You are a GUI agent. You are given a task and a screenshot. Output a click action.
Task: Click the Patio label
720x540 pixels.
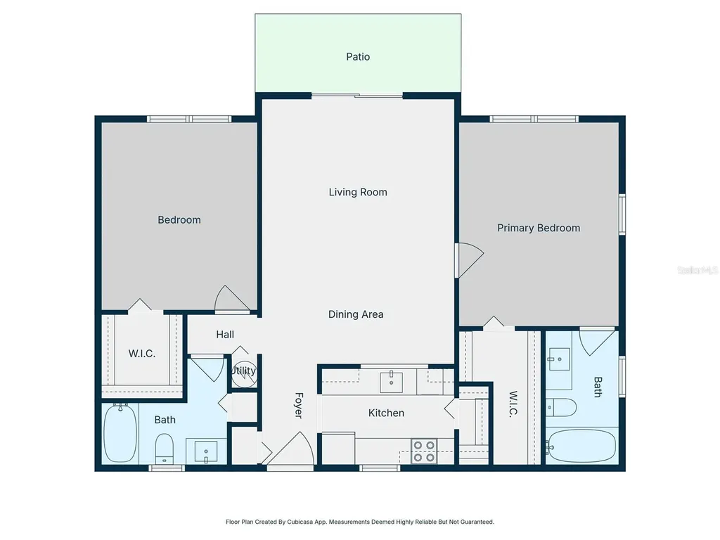click(358, 56)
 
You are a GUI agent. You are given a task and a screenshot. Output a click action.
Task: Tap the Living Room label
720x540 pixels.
click(358, 192)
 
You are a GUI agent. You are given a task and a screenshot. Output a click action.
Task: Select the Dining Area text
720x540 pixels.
click(356, 314)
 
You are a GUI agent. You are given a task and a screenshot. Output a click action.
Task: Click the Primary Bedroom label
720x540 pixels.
click(539, 228)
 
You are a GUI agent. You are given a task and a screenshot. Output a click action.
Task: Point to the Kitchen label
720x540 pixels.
click(386, 413)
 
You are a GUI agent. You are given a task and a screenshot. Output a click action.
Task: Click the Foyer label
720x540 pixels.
click(298, 405)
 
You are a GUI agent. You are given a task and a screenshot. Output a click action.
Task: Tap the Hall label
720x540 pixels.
click(225, 334)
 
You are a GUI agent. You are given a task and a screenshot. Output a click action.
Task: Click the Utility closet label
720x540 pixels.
click(243, 371)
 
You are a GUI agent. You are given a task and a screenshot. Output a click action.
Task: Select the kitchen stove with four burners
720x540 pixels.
click(423, 451)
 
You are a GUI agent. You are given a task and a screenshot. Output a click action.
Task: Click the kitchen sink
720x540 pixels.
click(391, 382)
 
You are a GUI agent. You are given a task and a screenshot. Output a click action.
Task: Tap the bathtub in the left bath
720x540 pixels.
click(120, 433)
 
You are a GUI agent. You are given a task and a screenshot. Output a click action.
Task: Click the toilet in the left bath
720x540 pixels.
click(164, 449)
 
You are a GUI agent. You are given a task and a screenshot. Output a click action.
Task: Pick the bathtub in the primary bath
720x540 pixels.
click(581, 446)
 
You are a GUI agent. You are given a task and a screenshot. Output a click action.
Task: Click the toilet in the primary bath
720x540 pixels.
click(560, 407)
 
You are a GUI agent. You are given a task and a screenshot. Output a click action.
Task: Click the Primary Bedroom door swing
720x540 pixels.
click(469, 260)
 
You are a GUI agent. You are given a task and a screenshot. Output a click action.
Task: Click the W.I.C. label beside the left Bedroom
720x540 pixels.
click(141, 354)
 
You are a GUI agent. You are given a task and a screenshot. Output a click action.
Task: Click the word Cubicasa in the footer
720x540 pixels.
click(300, 522)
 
